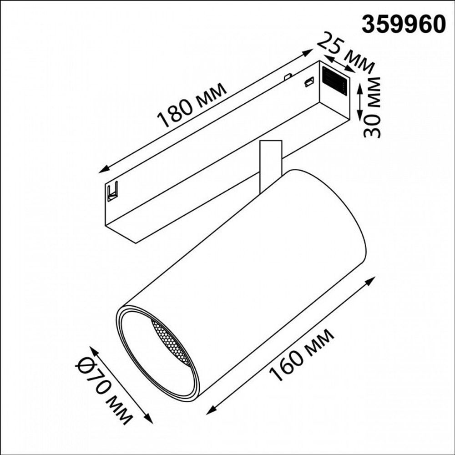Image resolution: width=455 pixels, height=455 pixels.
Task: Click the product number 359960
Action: (403, 24)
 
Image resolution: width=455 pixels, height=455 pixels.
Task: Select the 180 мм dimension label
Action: (191, 106)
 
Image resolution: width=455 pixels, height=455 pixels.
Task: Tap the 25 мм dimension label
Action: (346, 53)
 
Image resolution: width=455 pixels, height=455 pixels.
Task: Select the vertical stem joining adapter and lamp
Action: (270, 164)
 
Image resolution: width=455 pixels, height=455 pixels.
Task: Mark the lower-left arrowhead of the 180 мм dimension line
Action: (102, 171)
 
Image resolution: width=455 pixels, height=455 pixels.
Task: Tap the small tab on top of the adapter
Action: (287, 76)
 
